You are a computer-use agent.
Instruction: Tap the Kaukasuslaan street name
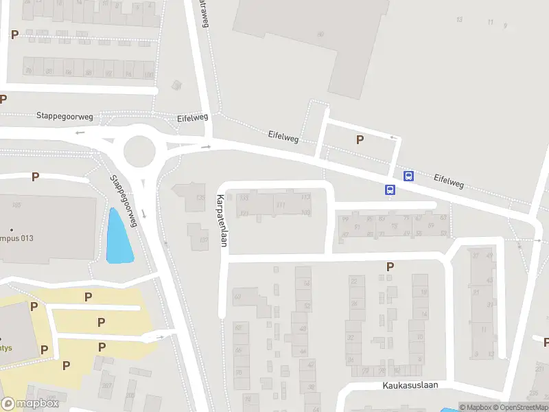coord(410,385)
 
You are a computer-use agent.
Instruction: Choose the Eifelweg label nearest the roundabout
coord(191,117)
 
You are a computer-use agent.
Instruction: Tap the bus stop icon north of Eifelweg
coord(409,176)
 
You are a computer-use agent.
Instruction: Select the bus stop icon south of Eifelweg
coord(390,190)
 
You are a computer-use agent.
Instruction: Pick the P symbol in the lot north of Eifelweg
coord(359,140)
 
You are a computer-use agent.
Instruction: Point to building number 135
coord(200,198)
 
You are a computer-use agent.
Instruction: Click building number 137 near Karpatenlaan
coord(203,240)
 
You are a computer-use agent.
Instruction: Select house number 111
coord(280,205)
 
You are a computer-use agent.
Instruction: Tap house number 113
coord(305,197)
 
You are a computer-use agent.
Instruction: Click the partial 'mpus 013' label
coord(17,238)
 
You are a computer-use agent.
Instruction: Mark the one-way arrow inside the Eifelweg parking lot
coord(393,137)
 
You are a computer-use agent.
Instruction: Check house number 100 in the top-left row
coord(148,73)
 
